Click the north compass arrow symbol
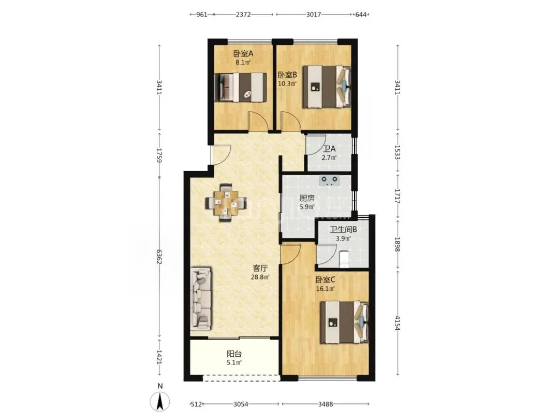pos(160,401)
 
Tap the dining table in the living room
pos(226,203)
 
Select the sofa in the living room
pos(201,299)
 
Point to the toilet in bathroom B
pos(344,259)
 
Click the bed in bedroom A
pos(241,87)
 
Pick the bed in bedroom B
pos(327,87)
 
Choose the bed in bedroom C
pos(344,323)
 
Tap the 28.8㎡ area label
pos(260,276)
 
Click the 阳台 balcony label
pos(234,354)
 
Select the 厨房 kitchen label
pos(307,198)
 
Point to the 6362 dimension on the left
pos(159,257)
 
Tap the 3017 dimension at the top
pos(313,15)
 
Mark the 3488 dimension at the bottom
pos(326,404)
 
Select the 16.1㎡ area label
pos(325,289)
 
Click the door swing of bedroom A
pos(258,121)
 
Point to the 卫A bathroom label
pos(329,149)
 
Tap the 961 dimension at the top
pos(202,15)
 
